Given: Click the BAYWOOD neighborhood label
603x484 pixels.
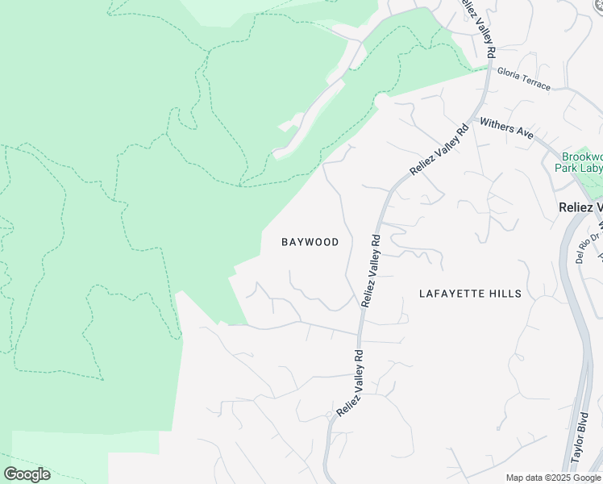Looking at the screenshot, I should (310, 242).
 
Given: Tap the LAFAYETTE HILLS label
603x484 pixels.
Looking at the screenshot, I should (470, 294).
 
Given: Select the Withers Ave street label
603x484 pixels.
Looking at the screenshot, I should (507, 128).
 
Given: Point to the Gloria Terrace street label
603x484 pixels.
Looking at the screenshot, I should (523, 79).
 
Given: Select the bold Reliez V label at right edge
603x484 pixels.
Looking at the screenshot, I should (580, 207).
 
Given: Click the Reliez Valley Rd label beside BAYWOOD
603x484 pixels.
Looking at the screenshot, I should (371, 270).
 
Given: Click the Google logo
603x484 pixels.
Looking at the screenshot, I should (27, 474).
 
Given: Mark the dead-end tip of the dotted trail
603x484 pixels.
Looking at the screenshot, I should (102, 379).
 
